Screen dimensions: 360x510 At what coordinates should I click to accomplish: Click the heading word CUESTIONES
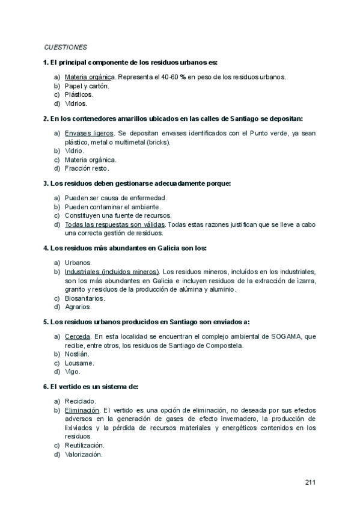[66, 47]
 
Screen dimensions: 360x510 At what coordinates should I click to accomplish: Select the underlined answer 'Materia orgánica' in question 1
[90, 77]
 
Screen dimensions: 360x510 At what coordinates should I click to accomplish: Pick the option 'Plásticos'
[79, 94]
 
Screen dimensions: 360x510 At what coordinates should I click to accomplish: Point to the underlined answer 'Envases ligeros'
[89, 133]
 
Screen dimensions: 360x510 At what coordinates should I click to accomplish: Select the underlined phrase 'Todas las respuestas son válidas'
[115, 224]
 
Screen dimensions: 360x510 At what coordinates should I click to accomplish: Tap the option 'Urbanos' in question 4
[78, 262]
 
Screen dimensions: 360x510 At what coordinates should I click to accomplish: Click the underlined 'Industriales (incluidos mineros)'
[112, 271]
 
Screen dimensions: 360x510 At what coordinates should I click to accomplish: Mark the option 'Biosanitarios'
[85, 298]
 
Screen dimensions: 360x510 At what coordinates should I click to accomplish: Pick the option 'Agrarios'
[79, 307]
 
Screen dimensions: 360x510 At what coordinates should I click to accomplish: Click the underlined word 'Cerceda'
[78, 336]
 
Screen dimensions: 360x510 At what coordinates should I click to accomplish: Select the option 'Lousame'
[79, 363]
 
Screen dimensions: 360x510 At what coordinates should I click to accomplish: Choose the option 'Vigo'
[73, 372]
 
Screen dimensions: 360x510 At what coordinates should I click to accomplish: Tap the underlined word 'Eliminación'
[82, 410]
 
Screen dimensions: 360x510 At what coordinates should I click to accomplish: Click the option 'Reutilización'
[85, 445]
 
